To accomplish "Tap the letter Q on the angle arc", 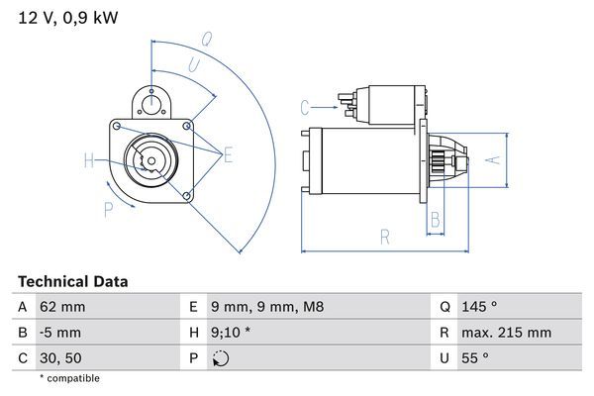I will tap(207, 41).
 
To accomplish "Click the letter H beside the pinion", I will tap(88, 161).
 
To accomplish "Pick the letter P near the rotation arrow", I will tap(107, 208).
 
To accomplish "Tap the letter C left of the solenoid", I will tap(306, 106).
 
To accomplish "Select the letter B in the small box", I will tap(434, 220).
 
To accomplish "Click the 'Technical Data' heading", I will tap(72, 282).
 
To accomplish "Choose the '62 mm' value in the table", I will tap(60, 307).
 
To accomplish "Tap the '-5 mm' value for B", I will tap(59, 333).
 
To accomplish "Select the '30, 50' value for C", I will tap(59, 357).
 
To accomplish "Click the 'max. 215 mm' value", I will tap(506, 333).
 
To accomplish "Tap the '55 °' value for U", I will tap(473, 357).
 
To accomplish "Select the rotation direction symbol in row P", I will tap(220, 357).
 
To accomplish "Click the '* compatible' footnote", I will tap(69, 378).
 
